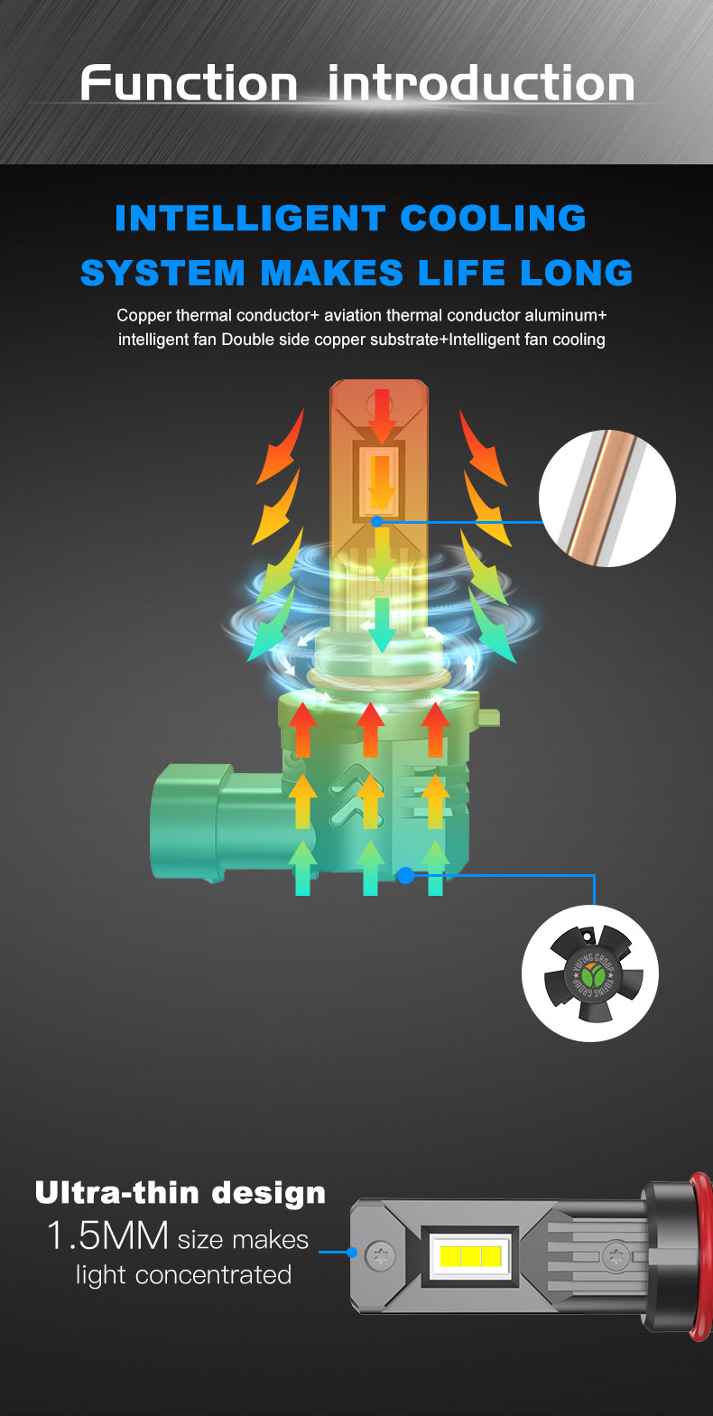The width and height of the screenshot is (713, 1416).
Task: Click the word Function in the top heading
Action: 189,82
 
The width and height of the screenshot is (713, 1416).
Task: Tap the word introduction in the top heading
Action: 481,82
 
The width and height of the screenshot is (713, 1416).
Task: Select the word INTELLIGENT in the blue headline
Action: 250,219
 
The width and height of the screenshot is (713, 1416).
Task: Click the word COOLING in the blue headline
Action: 493,219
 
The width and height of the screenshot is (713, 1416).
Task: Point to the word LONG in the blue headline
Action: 576,273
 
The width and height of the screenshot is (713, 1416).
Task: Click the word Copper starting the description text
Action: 144,315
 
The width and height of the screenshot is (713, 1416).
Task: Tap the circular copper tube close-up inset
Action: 607,498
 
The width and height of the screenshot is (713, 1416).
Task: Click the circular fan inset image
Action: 590,973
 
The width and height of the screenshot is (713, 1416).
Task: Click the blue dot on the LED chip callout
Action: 377,522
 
